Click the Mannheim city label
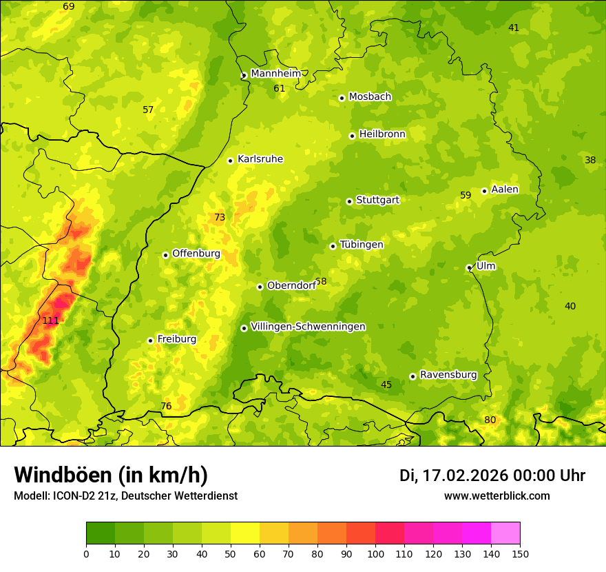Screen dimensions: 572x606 tap(275, 74)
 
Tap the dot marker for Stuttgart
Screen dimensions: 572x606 tap(349, 201)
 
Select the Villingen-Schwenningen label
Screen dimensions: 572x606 tap(308, 327)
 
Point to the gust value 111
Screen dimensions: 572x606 tap(50, 320)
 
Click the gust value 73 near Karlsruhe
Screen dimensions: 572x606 tap(220, 218)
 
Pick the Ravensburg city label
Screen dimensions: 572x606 tap(448, 375)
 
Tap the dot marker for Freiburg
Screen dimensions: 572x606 tap(150, 340)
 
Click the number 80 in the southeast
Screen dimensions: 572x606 tap(490, 420)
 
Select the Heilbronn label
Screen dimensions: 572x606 tap(382, 134)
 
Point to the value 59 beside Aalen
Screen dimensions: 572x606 tap(466, 196)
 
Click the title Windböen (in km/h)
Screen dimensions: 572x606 tap(110, 475)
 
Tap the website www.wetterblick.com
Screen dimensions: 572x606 tap(497, 496)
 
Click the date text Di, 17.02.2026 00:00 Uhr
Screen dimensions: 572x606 tap(492, 476)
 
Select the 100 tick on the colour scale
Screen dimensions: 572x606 tap(375, 553)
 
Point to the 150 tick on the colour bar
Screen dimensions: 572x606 tap(519, 553)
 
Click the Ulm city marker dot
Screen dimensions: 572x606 tap(469, 267)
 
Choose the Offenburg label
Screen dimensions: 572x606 tap(196, 254)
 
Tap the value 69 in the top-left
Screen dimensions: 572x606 tap(68, 7)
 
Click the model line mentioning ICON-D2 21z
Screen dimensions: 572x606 tap(125, 496)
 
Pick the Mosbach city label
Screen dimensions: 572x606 tap(370, 97)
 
